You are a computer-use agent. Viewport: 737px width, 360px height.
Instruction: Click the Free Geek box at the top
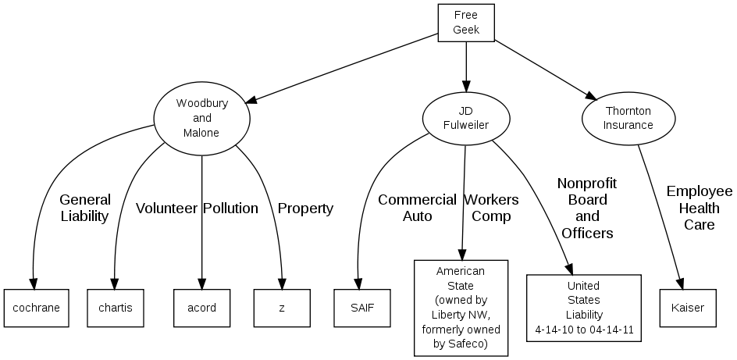click(466, 23)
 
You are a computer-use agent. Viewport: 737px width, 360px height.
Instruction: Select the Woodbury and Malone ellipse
click(201, 118)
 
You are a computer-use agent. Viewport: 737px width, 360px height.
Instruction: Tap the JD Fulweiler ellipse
click(466, 118)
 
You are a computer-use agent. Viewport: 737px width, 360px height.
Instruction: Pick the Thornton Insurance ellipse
click(628, 118)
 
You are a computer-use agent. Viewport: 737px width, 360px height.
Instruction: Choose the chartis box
click(116, 308)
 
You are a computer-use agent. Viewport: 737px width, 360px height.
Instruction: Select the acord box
click(202, 308)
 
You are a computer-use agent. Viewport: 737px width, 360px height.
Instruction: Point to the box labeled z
click(282, 308)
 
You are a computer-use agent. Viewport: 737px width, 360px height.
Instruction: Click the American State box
click(461, 307)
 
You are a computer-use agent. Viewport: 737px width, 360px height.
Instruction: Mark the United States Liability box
click(584, 308)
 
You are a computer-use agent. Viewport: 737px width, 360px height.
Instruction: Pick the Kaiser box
click(687, 308)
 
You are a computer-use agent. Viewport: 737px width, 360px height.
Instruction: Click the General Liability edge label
click(85, 209)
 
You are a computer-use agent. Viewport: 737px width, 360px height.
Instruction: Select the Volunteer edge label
click(166, 209)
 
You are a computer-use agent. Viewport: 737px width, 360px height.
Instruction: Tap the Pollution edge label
click(230, 209)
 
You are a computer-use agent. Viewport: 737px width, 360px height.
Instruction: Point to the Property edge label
click(305, 209)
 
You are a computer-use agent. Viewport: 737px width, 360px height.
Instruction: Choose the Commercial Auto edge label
click(417, 208)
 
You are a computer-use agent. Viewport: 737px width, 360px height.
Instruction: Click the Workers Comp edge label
click(491, 208)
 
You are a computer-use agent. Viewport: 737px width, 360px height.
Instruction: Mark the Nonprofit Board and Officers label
click(587, 209)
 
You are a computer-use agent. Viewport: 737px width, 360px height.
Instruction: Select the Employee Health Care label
click(700, 208)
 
